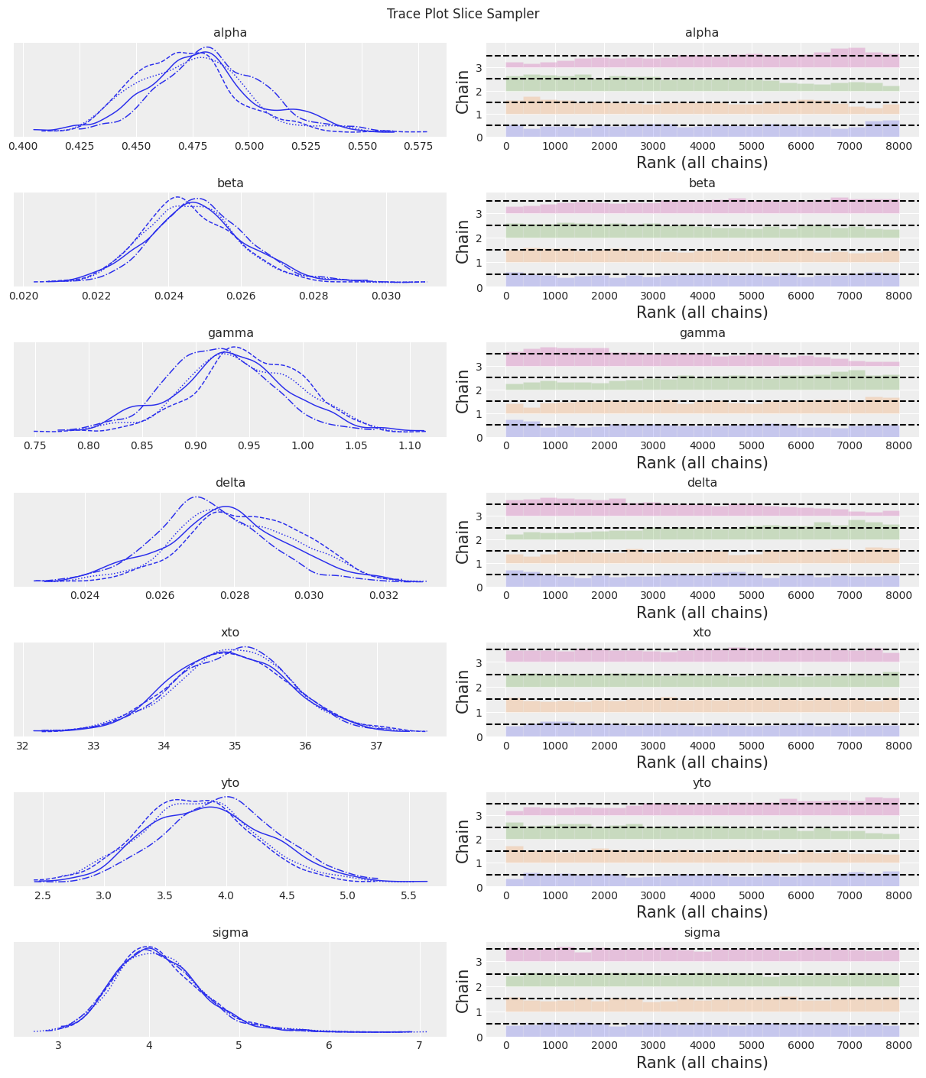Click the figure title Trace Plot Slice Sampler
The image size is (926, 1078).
point(463,14)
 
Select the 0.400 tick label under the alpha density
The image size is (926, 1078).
point(24,145)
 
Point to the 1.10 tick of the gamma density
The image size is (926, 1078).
point(410,445)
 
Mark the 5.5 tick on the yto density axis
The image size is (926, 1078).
point(409,895)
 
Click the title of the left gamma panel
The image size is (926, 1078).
point(230,333)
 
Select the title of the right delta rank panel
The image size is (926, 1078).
point(702,483)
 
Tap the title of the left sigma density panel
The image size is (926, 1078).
point(230,933)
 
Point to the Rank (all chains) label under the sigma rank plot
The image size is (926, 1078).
point(702,1062)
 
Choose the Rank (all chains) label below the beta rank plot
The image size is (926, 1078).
point(702,312)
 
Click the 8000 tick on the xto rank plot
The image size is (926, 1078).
point(899,746)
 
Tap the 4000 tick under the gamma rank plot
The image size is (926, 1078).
point(702,445)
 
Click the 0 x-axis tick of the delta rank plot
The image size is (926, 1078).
point(505,595)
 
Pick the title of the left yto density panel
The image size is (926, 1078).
point(230,783)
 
